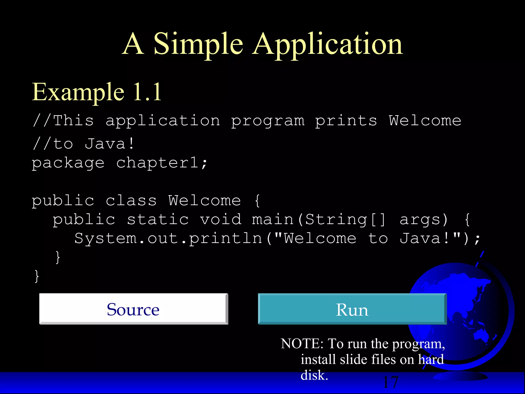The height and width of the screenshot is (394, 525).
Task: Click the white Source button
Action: tap(133, 309)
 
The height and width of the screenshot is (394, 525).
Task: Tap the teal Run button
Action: tap(352, 309)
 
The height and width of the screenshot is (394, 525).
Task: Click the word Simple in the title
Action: tap(198, 44)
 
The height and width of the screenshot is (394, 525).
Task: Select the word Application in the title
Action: tap(327, 44)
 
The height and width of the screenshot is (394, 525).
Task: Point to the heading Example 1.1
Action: tap(97, 92)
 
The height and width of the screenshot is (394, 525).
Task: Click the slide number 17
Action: tap(390, 382)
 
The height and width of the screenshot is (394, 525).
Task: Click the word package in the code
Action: tap(68, 163)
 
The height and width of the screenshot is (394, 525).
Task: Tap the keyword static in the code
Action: tap(158, 220)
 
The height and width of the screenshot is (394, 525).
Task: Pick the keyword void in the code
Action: tap(221, 220)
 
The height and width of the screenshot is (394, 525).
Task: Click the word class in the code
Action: tap(131, 200)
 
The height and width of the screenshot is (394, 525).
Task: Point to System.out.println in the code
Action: tap(168, 239)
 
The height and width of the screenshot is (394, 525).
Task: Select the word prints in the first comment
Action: tap(346, 121)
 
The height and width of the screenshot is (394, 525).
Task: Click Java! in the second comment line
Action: tap(109, 143)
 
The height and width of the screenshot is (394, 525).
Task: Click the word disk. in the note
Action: tap(314, 375)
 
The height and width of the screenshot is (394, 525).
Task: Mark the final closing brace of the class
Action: tap(37, 276)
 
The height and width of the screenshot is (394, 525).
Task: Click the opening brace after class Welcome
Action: tap(257, 201)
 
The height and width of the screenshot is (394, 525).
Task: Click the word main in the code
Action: tap(272, 220)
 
